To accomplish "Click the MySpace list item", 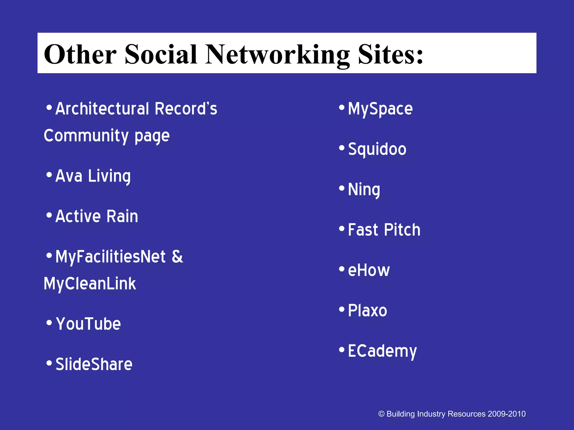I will (380, 109).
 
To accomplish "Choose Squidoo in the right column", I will (377, 149).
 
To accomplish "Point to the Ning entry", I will (364, 190).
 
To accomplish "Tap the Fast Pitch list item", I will (384, 230).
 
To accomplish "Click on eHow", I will (369, 271).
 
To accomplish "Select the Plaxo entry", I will (367, 311).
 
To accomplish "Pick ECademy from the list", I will (382, 351).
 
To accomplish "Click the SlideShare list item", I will (94, 364).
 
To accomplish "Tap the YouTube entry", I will (88, 324).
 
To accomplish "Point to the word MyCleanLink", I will (90, 284).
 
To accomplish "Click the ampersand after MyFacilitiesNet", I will (177, 257).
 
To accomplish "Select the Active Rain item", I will (97, 216).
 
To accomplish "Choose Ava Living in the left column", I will (93, 176).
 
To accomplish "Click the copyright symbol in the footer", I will (381, 414).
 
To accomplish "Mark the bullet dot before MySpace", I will (341, 107).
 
